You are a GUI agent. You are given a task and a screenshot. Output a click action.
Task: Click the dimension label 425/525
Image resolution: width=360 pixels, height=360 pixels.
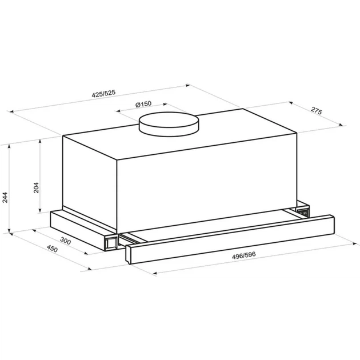tap(103, 94)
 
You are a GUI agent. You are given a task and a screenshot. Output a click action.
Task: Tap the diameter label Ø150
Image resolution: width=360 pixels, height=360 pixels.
tap(143, 104)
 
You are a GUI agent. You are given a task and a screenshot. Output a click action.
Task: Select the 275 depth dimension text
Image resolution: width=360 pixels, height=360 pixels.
tap(317, 111)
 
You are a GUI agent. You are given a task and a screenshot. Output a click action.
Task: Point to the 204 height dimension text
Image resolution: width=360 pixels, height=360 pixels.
tap(36, 187)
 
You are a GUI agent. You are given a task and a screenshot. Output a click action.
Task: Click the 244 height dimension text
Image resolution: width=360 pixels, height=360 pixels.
tap(5, 198)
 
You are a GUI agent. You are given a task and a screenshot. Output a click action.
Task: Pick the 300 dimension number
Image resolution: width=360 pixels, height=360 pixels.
tap(66, 241)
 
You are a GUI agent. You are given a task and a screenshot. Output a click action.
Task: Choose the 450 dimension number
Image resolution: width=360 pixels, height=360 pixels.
tap(52, 249)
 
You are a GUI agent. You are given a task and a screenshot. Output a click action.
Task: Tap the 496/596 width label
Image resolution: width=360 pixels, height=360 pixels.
tap(243, 255)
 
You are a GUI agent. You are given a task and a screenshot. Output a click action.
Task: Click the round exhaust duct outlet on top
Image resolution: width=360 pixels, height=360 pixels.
tap(169, 124)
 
